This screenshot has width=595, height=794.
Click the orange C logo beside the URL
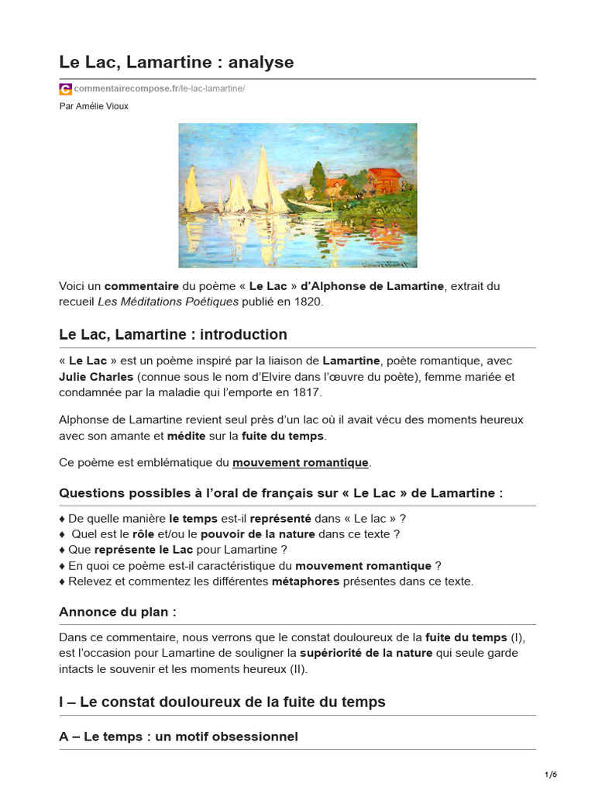(65, 89)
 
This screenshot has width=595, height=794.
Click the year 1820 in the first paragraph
(304, 302)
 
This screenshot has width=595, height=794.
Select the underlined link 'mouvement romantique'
(301, 463)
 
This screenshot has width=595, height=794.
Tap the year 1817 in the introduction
(305, 393)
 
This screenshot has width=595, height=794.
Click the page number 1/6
(551, 775)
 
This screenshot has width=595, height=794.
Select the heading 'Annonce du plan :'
(118, 612)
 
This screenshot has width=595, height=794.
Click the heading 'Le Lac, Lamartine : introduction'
(173, 335)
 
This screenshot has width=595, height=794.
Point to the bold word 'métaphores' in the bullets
(305, 582)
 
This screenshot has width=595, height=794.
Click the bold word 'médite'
(187, 436)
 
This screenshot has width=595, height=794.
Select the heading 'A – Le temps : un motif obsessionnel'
(178, 737)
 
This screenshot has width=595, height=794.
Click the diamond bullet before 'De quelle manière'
(62, 519)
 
